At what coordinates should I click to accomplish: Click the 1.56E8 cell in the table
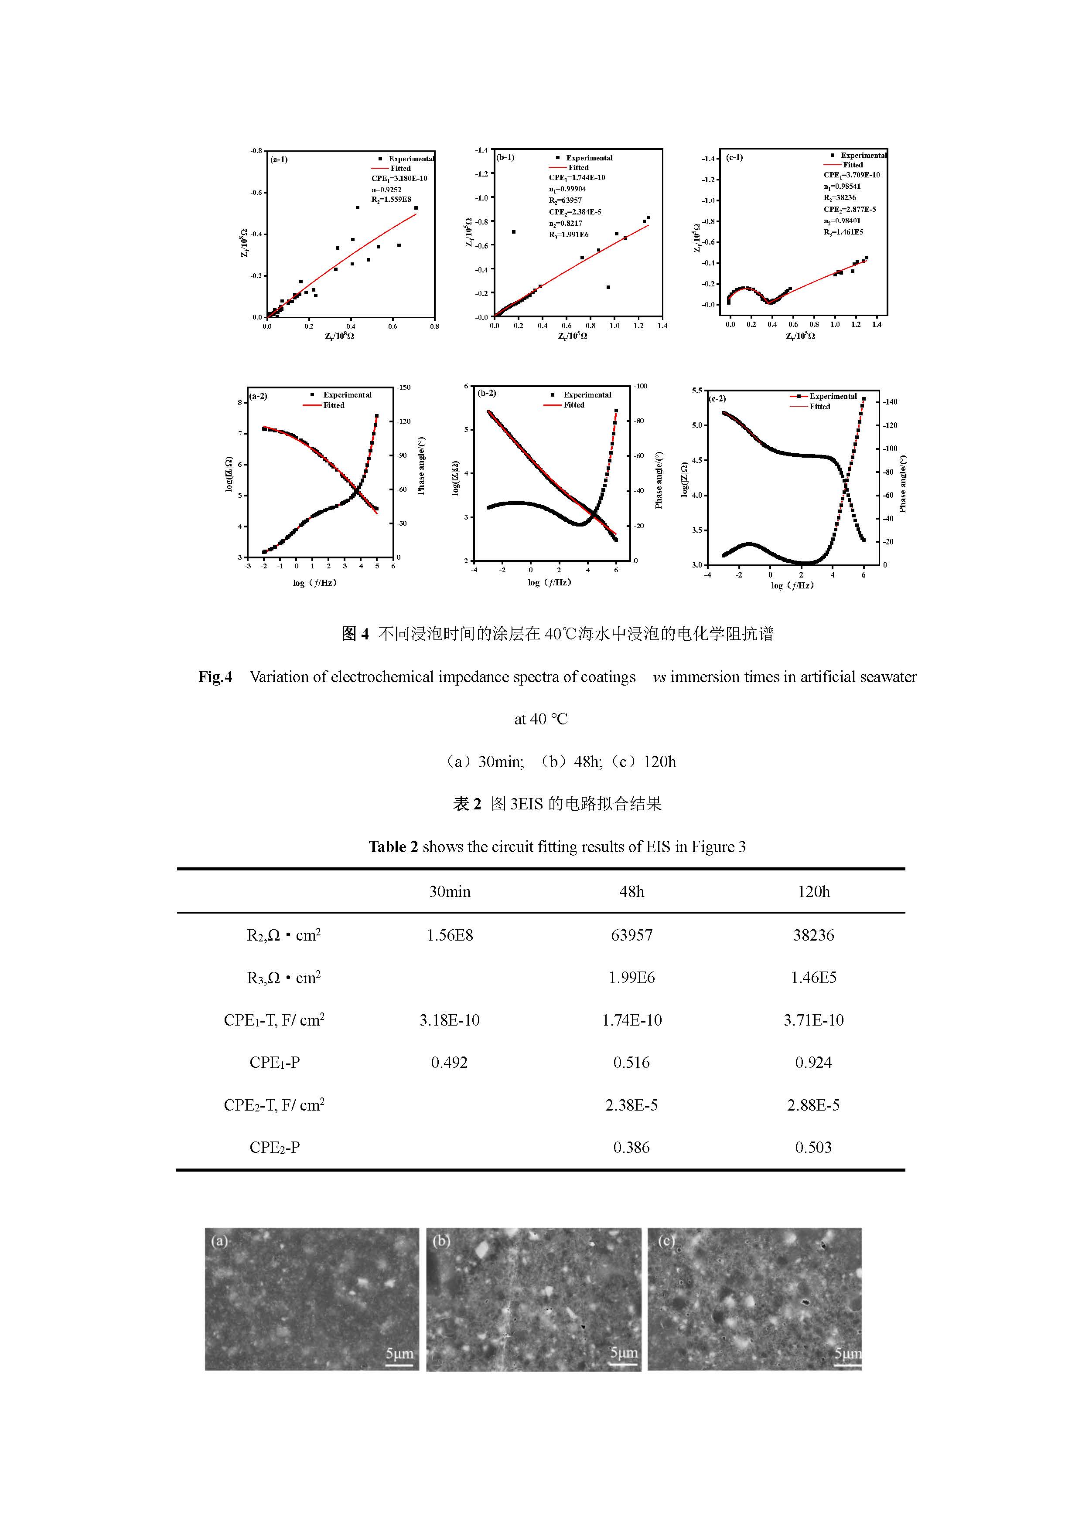450,935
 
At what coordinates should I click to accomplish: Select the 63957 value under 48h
631,935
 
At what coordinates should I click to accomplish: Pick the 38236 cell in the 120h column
813,935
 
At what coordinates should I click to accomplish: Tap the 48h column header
631,892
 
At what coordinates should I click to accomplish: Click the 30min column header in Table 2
450,892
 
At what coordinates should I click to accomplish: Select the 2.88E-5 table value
813,1105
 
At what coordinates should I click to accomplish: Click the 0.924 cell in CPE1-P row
813,1062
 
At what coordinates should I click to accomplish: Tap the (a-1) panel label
279,160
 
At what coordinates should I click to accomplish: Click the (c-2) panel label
717,399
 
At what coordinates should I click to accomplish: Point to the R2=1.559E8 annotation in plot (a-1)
391,199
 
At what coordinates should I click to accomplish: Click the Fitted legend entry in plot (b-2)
573,405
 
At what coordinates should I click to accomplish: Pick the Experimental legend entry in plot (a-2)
346,395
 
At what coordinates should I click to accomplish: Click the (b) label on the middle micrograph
441,1240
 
